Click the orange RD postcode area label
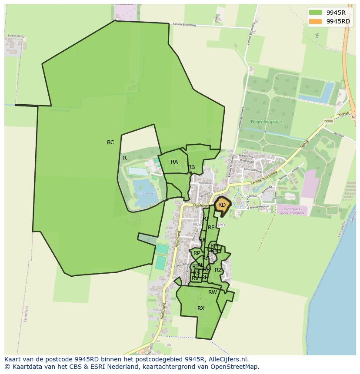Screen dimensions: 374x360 [222, 205]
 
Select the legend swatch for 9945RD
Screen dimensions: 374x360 [315, 21]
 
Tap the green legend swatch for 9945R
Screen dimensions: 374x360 [315, 13]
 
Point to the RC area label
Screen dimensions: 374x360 [110, 142]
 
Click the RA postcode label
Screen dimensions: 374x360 [174, 162]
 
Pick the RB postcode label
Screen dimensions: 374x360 [191, 167]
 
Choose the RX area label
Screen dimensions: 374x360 [201, 308]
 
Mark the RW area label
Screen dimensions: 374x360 [212, 292]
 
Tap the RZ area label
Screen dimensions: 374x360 [218, 270]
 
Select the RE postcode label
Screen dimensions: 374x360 [211, 228]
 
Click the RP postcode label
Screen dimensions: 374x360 [197, 253]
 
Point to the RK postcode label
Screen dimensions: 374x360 [203, 240]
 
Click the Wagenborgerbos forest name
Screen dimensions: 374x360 [267, 122]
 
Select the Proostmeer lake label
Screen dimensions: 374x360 [146, 193]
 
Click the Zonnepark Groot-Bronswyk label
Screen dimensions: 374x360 [291, 211]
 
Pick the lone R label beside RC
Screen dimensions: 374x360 [125, 158]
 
